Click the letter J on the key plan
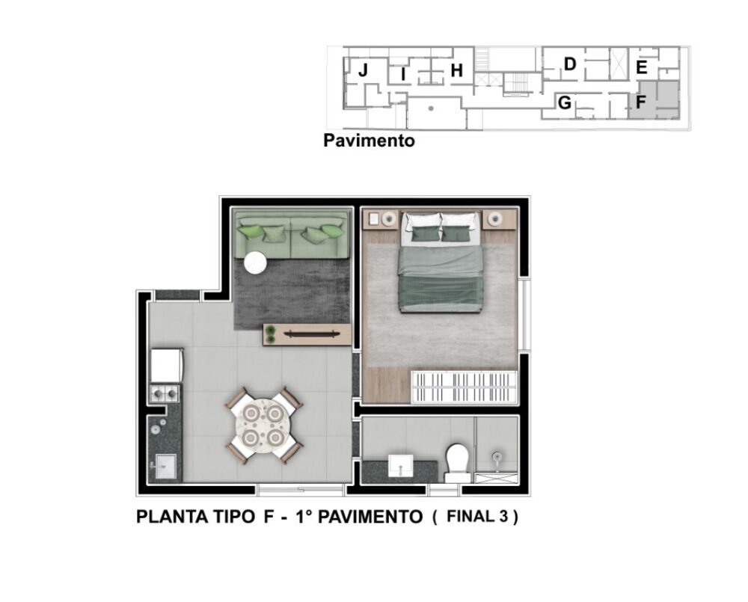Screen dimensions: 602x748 point(363,71)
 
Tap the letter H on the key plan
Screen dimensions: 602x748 point(457,71)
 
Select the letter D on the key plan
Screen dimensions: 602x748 point(569,65)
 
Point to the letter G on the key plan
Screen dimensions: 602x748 point(565,102)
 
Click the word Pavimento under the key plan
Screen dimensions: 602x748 point(369,140)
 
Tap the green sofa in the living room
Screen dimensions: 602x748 point(291,235)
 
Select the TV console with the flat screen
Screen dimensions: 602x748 point(307,334)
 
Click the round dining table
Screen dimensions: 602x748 point(264,425)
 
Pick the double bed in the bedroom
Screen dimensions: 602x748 point(439,262)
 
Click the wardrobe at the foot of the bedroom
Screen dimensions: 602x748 point(465,387)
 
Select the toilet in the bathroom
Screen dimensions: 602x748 point(457,461)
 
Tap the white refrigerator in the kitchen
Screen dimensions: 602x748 point(166,366)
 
